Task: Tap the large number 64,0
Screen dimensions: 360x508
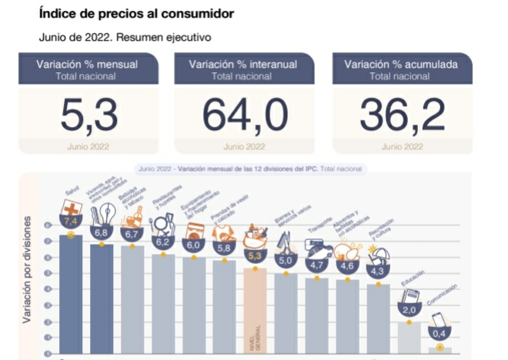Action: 245,115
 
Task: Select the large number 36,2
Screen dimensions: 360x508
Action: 401,115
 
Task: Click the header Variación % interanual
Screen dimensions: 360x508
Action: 244,65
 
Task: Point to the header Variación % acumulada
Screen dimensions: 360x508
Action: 400,65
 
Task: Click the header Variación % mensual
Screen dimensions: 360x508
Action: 88,65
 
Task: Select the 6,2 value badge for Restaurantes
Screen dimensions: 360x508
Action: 162,242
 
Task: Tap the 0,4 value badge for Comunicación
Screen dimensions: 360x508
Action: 441,334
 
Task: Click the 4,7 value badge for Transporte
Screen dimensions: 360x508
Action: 317,265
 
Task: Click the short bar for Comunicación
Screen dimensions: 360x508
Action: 441,350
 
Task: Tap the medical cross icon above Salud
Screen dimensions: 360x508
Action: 72,209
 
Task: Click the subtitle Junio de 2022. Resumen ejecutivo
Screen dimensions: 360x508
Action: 125,37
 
